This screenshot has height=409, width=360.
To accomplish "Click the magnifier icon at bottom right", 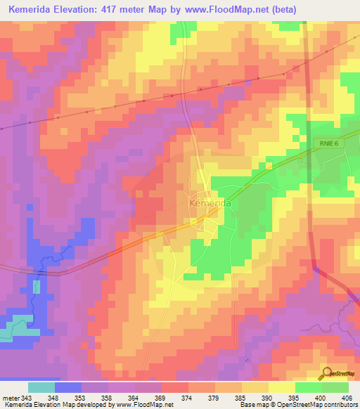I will tap(326, 373).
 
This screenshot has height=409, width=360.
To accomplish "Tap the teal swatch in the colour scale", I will tap(41, 387).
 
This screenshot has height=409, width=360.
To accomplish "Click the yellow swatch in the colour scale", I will tap(282, 387).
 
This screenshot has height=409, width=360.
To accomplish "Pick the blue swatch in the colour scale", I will tap(68, 387).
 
